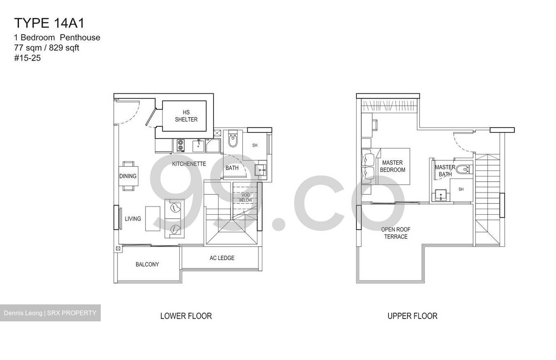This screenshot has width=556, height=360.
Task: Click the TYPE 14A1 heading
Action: pos(49,23)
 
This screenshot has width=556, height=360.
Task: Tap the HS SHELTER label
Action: pos(186,116)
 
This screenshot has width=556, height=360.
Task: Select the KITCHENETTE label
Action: pos(189,164)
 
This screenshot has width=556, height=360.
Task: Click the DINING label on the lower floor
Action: pos(128,176)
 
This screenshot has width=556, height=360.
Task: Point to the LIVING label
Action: pos(133,219)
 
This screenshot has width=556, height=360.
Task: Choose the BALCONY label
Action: pos(147,264)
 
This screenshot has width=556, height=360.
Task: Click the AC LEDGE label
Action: pos(222,258)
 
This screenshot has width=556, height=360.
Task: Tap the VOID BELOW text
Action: pos(246,198)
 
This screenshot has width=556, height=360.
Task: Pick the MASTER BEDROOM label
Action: pos(392,166)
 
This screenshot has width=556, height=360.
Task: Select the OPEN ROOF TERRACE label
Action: pos(396,233)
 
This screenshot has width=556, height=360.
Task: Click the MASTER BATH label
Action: pos(445,171)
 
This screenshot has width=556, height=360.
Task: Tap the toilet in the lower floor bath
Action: pos(233,141)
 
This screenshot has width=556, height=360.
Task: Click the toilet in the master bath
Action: pos(462,169)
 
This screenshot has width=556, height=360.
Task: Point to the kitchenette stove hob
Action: pos(180,145)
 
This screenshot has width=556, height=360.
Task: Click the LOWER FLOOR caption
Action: pos(186,316)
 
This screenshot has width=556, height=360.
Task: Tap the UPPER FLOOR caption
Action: pos(412,316)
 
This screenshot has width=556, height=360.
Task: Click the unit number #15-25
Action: pos(27,58)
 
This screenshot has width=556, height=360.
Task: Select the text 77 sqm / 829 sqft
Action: pos(47,48)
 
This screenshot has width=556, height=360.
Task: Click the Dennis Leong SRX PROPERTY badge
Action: pos(50,313)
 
